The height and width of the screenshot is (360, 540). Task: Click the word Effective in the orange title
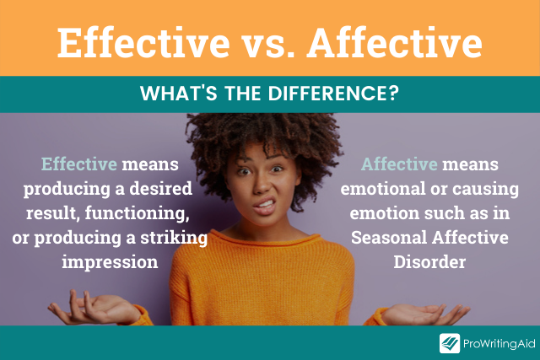coord(143,42)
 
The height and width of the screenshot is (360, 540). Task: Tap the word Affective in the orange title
coord(394,42)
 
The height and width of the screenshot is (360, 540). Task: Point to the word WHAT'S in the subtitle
coord(178,94)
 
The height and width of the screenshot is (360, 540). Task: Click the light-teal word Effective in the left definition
coord(79,164)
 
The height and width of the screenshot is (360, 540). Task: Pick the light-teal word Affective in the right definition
coord(399,164)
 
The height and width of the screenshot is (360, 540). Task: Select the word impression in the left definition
coord(110,262)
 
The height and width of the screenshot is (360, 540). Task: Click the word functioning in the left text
coord(137,214)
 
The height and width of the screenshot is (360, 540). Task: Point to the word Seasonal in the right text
coord(389,238)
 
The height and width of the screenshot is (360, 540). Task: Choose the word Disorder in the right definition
coord(429,262)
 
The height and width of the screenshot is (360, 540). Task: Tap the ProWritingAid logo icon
coord(450,343)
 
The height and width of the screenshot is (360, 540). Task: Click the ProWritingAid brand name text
coord(499,343)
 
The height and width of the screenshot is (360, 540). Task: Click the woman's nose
coord(262,185)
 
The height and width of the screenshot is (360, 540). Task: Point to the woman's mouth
coord(265,205)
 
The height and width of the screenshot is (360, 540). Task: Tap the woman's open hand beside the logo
coord(425,314)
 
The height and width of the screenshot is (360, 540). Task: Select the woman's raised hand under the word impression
coord(93,309)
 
